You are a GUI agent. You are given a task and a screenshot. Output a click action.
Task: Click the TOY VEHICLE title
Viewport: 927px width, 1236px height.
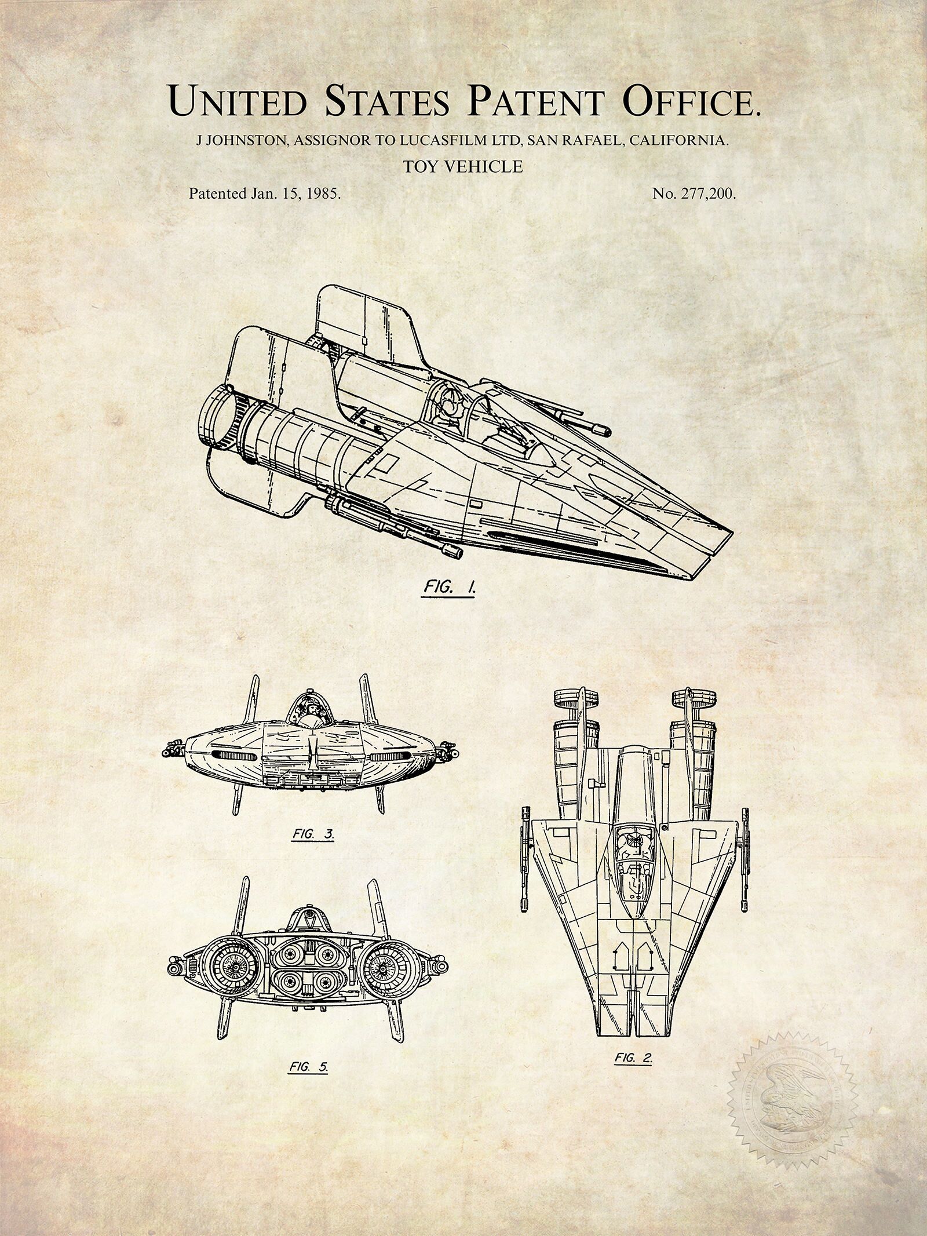463,167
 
